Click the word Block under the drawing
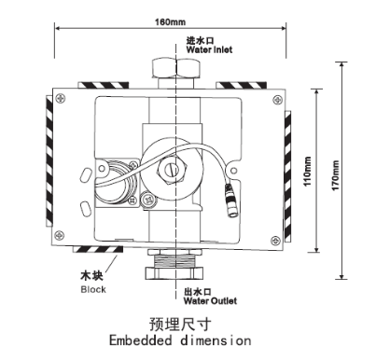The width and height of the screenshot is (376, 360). point(94,289)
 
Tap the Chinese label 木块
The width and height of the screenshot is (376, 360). point(92,277)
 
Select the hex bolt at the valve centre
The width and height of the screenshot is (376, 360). point(171,169)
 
